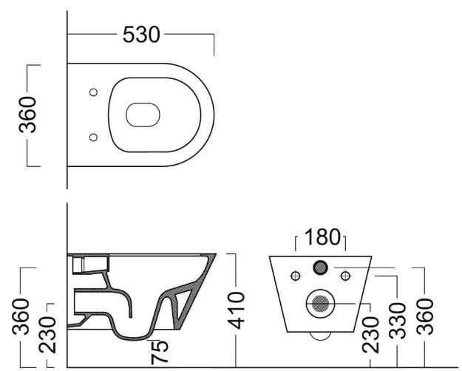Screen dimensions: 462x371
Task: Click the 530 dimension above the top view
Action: [x=141, y=35]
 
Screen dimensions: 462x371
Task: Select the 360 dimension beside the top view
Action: [x=27, y=115]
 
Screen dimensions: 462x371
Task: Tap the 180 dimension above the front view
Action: [x=322, y=237]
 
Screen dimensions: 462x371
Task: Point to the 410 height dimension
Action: [x=237, y=310]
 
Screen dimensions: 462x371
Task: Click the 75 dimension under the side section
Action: [x=160, y=352]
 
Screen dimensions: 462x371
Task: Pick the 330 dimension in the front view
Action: [x=397, y=320]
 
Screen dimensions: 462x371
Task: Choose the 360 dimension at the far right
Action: [x=425, y=316]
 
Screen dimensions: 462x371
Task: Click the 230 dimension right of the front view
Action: [x=370, y=335]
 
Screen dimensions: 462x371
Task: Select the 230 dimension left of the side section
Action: [x=47, y=335]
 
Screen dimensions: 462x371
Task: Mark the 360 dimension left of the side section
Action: [x=21, y=316]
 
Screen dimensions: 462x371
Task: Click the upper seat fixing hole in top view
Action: [x=93, y=92]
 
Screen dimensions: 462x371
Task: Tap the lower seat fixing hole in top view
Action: [x=93, y=137]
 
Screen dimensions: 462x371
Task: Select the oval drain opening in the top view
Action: [x=143, y=115]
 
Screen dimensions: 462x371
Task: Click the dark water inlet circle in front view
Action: [x=320, y=268]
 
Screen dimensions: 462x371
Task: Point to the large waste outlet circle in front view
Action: [x=320, y=304]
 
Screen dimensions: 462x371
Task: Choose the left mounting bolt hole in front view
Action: [x=296, y=276]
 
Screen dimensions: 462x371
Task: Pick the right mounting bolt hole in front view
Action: [x=345, y=276]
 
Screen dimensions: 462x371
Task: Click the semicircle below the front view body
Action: [x=321, y=338]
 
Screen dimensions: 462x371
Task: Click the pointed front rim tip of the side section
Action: [x=216, y=254]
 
